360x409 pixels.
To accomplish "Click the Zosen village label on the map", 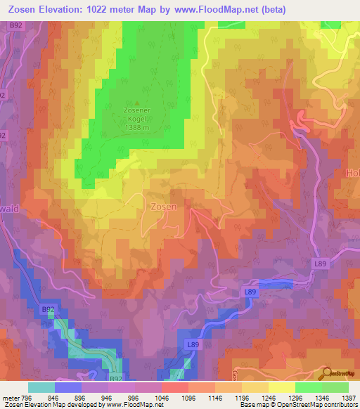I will (x=163, y=207).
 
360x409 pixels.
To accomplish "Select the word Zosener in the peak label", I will (x=136, y=110).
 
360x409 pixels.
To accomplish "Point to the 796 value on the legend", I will (x=27, y=397).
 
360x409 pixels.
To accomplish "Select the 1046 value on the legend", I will (x=161, y=397).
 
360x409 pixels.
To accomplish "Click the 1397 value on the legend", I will (x=348, y=397).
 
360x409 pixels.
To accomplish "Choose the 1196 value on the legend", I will (x=241, y=397).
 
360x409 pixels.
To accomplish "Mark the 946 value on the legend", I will (x=107, y=397).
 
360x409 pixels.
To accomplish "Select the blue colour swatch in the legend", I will (x=67, y=387).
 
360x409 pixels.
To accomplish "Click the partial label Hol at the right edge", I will (x=352, y=172).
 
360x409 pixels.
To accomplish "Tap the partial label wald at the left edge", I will (x=8, y=208).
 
